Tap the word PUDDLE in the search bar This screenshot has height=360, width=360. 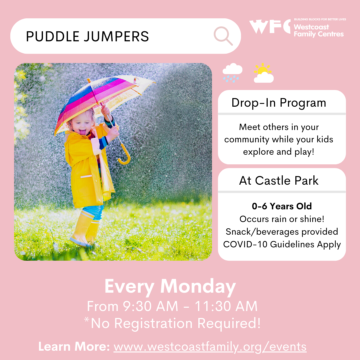tap(53, 37)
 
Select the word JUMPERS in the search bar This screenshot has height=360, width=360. tap(116, 37)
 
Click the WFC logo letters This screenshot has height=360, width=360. tap(270, 26)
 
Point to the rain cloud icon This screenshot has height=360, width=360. tap(232, 73)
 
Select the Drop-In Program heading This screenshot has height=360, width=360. tap(279, 103)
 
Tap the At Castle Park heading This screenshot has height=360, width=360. tap(279, 180)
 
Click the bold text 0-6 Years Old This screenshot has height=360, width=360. tap(282, 206)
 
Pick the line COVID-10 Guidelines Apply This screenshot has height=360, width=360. tap(282, 245)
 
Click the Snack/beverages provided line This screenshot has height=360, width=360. tap(282, 232)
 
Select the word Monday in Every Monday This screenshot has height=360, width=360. tap(198, 287)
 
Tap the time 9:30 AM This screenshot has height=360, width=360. tap(150, 306)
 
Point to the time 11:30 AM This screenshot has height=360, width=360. tap(226, 306)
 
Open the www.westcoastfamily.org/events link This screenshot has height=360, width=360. tap(210, 347)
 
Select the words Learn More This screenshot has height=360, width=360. tap(74, 346)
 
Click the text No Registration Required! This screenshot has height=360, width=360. tap(176, 323)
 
